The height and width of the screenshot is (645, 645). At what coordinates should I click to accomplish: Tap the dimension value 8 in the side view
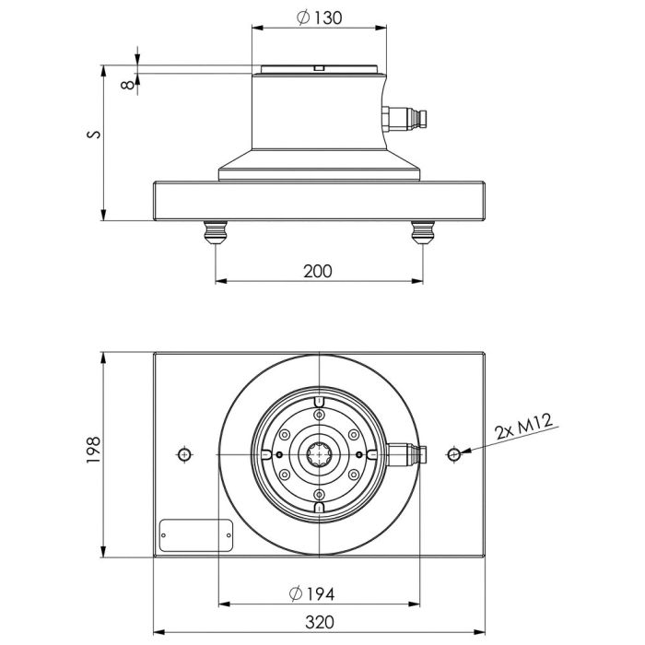(x=125, y=84)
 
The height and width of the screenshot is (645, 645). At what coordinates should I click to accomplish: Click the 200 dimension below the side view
(x=317, y=271)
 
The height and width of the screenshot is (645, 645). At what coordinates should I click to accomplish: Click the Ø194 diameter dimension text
(x=318, y=592)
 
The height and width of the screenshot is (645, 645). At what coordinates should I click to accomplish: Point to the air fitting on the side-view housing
(x=405, y=119)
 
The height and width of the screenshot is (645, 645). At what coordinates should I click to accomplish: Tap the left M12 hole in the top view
(x=185, y=455)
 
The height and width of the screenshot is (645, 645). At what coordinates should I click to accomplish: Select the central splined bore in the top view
(x=318, y=455)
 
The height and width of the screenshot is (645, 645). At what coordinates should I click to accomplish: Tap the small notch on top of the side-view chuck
(x=318, y=67)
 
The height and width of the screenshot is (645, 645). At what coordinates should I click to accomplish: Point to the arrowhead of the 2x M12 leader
(x=463, y=452)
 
